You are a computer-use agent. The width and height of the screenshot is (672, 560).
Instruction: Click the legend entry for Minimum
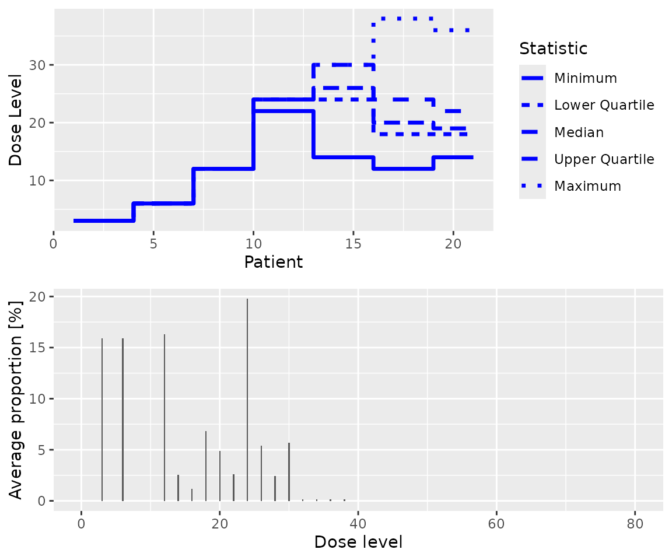click(585, 78)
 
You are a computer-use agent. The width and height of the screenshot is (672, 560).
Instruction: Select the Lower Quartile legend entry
click(604, 105)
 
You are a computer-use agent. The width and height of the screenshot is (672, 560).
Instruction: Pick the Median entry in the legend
click(579, 132)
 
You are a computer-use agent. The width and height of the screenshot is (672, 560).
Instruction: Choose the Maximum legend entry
click(587, 186)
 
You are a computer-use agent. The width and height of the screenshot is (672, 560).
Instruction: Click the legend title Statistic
click(553, 48)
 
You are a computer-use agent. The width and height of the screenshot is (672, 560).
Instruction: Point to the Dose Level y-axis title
click(16, 120)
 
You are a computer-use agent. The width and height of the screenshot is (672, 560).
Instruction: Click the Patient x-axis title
click(274, 262)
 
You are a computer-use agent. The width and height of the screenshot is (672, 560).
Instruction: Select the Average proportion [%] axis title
click(16, 398)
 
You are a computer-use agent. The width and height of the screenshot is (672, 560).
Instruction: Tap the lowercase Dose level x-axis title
click(358, 542)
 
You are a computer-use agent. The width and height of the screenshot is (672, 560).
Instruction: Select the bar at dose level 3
click(102, 420)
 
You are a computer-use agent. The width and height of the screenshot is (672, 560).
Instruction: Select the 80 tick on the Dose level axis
click(635, 523)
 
